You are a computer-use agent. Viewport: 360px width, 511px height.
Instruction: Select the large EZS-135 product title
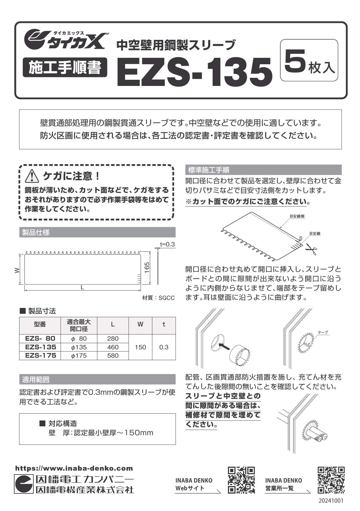click(x=195, y=72)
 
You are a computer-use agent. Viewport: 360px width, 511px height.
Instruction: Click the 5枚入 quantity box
click(x=309, y=60)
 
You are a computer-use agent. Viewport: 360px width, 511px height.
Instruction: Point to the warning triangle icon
click(x=31, y=177)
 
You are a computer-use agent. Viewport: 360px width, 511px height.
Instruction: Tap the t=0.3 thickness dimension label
click(x=167, y=244)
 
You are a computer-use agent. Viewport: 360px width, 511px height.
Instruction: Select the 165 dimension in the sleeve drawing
click(x=147, y=268)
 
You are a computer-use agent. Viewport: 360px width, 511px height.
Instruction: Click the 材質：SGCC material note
click(x=159, y=298)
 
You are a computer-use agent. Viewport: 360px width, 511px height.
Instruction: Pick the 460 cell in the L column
click(x=113, y=347)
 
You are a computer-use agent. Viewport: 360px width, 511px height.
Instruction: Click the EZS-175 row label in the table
click(x=41, y=356)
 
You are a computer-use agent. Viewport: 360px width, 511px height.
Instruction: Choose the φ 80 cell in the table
click(x=79, y=339)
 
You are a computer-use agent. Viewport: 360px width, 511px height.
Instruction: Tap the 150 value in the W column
click(x=140, y=347)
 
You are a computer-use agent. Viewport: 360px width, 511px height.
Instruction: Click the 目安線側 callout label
click(x=297, y=216)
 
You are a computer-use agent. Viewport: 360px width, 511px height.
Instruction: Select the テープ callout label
click(x=323, y=333)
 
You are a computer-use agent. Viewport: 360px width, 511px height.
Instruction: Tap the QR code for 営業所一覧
click(x=331, y=480)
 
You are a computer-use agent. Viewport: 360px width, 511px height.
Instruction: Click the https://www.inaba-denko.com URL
click(x=74, y=468)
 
